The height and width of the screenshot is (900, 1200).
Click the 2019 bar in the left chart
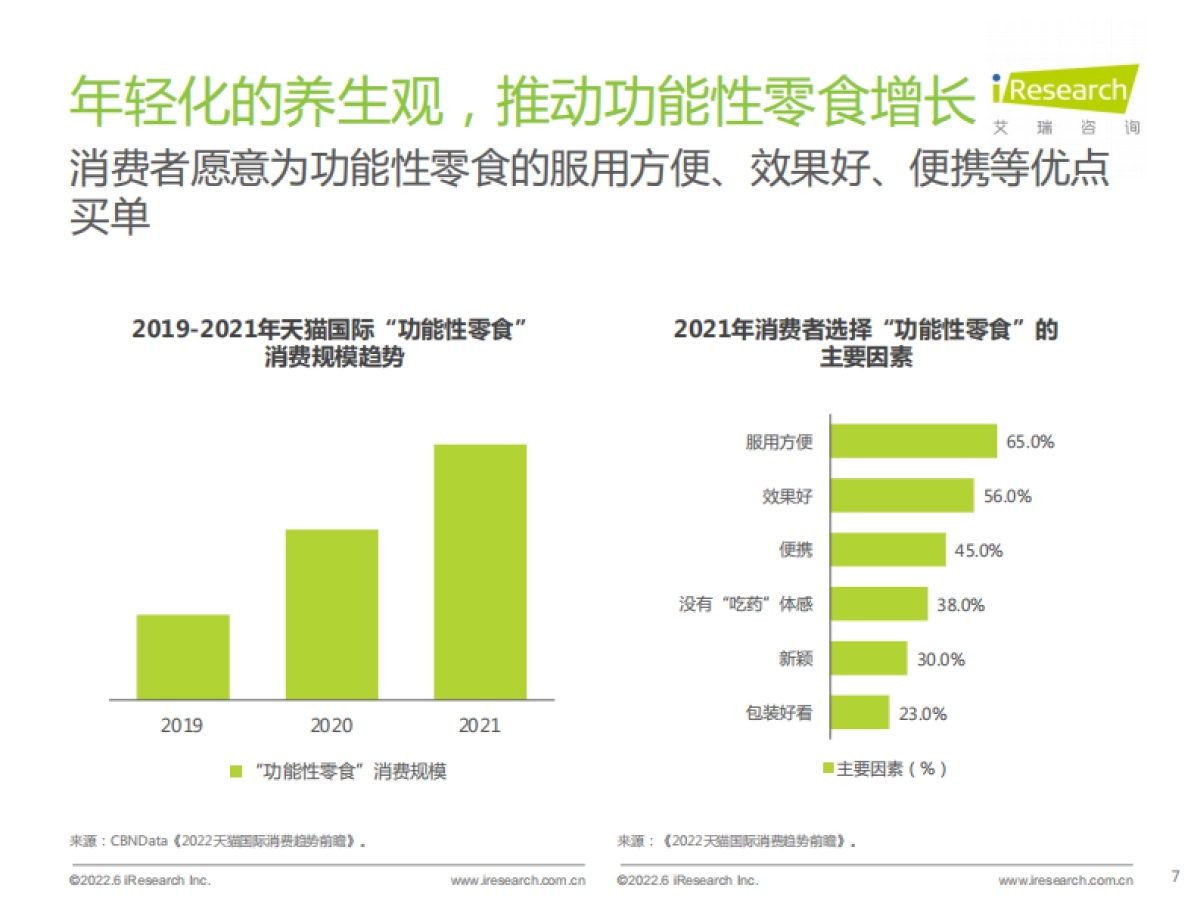183,656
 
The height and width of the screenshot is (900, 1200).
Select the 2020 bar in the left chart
332,613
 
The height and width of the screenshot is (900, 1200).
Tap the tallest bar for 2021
480,571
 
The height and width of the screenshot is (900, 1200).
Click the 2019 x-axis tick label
182,726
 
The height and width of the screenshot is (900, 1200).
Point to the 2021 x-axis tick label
480,726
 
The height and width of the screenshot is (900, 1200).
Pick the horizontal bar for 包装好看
860,713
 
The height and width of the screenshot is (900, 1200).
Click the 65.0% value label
1030,441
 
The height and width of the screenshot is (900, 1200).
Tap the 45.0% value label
978,550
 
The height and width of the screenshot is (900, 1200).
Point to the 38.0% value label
960,604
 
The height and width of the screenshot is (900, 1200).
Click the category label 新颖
796,659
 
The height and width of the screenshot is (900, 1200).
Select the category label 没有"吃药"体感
746,604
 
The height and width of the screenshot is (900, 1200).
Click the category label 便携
796,550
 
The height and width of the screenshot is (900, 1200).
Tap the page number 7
1175,877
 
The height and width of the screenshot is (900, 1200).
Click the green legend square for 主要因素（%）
828,769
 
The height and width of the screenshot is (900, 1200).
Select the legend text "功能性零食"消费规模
350,771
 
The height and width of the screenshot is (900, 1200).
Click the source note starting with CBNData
216,841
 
